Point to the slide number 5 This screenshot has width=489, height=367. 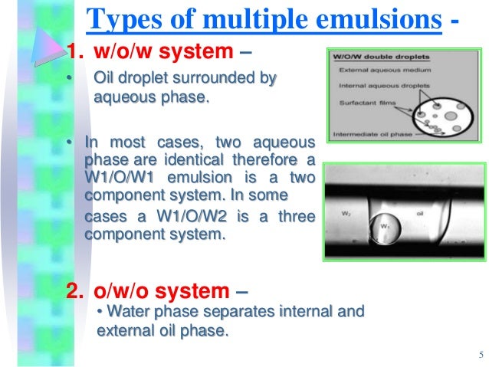coord(479,354)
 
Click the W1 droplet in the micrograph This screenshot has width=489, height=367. coord(386,229)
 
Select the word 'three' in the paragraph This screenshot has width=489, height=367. coord(297,217)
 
